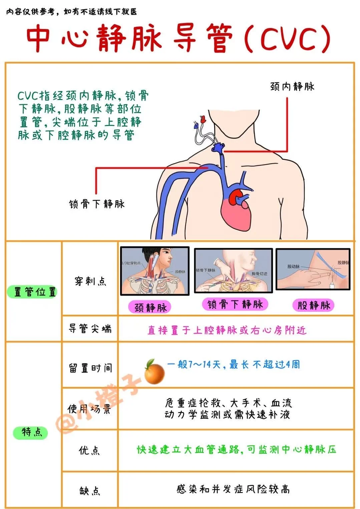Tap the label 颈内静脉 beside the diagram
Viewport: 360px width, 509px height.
point(292,87)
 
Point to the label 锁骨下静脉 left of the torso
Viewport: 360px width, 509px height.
point(97,204)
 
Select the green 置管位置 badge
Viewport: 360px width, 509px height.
point(32,292)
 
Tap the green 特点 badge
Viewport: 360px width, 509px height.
point(31,432)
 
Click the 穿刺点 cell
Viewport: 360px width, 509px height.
point(90,281)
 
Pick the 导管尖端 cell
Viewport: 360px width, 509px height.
point(90,329)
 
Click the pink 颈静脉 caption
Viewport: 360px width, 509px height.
point(150,307)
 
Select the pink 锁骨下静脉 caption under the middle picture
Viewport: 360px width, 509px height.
point(235,304)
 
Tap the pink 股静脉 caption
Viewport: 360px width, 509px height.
point(313,305)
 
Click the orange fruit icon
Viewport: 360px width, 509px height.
point(154,371)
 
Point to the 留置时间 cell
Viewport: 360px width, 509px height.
point(90,368)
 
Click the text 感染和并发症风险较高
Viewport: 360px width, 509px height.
point(233,489)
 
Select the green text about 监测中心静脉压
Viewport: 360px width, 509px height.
point(236,450)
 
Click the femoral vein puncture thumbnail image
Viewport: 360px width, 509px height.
point(313,269)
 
